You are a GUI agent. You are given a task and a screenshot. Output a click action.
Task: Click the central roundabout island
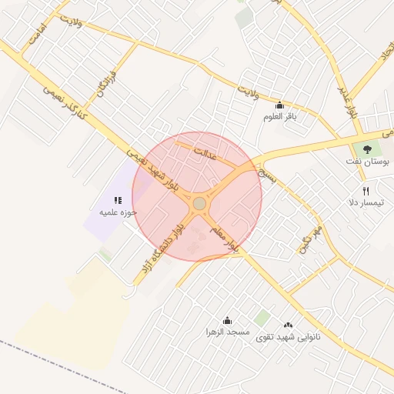[x=199, y=203]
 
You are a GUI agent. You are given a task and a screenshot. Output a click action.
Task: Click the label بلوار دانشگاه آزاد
[x=162, y=249]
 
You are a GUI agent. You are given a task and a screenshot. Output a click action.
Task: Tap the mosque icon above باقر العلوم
[x=279, y=106]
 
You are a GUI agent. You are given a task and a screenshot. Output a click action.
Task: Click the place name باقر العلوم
[x=279, y=117]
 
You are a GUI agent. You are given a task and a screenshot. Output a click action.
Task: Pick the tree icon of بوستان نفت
[x=366, y=149]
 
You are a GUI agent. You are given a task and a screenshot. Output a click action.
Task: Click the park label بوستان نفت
[x=366, y=163]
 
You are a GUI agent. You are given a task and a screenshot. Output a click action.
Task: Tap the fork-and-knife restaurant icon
[x=366, y=190]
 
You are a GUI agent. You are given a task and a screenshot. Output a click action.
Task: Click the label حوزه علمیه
[x=118, y=212]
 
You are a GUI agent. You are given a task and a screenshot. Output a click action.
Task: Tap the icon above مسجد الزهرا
[x=227, y=320]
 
